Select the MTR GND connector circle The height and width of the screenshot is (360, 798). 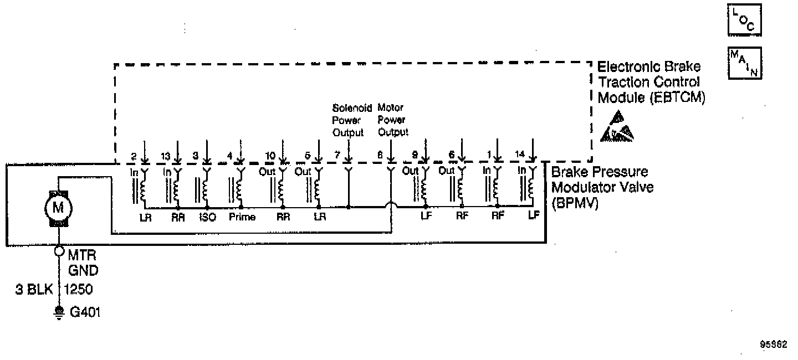click(x=59, y=250)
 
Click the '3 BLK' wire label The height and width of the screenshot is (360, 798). click(x=34, y=289)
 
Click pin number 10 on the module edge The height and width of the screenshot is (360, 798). click(x=270, y=156)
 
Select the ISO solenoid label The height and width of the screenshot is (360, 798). click(x=207, y=217)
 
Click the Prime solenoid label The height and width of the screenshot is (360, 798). click(x=242, y=217)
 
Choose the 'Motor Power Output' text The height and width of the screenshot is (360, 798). click(x=392, y=119)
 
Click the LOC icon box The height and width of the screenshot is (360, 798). click(x=743, y=20)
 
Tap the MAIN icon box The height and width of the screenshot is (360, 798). click(x=744, y=63)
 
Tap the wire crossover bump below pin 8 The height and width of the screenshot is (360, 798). click(x=391, y=207)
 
